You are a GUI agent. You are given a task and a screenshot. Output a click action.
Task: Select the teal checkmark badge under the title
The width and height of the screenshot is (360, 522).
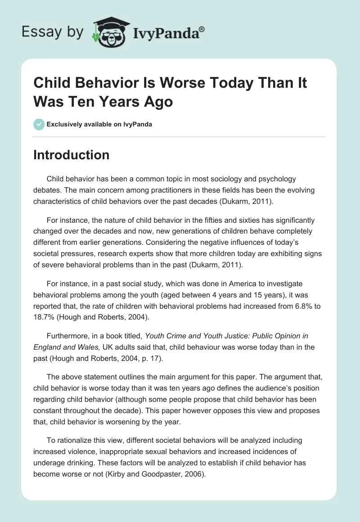point(39,124)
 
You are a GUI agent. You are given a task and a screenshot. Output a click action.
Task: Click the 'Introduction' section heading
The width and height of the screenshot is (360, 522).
point(71,155)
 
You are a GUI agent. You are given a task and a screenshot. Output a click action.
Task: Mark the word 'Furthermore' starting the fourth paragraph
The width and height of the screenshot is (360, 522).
point(67,336)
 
